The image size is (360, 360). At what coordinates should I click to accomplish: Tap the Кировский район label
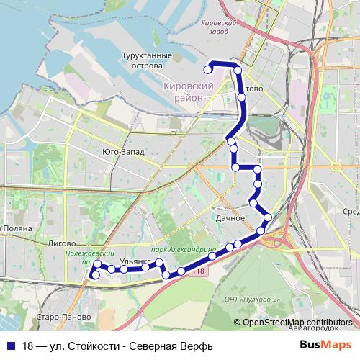tap(190, 91)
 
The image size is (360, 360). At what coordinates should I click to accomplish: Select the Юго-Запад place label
tap(123, 152)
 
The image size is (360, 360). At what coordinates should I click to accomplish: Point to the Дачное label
tap(230, 217)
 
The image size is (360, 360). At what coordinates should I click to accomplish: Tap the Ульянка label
tap(135, 261)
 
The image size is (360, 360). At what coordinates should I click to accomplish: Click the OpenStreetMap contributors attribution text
tap(297, 322)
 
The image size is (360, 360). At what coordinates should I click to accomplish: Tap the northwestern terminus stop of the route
tap(208, 70)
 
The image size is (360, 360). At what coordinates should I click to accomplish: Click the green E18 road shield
tap(199, 271)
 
